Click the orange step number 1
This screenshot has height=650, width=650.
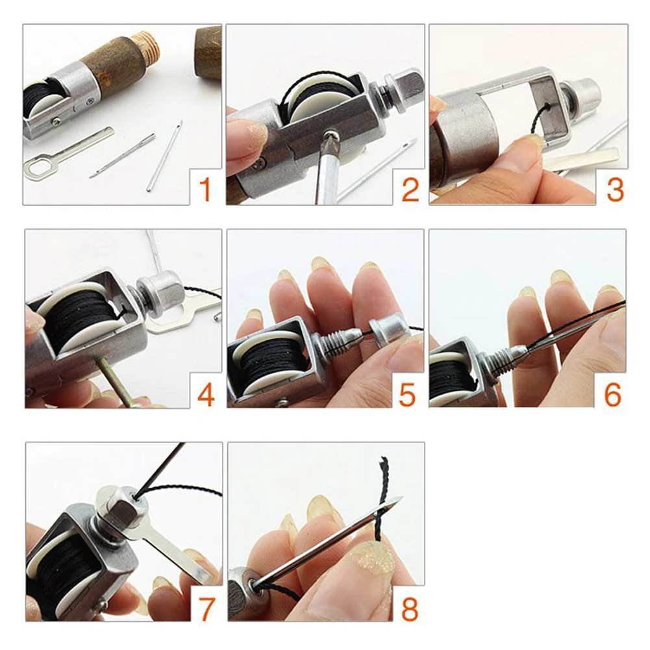(x=205, y=190)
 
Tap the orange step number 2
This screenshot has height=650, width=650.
(x=410, y=190)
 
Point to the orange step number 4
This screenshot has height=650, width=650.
(x=206, y=395)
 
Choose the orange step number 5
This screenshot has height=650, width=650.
(x=408, y=395)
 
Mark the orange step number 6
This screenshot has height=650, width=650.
(x=612, y=395)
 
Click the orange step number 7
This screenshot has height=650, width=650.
(x=206, y=608)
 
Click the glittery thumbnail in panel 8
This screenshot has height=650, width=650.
(x=370, y=558)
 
